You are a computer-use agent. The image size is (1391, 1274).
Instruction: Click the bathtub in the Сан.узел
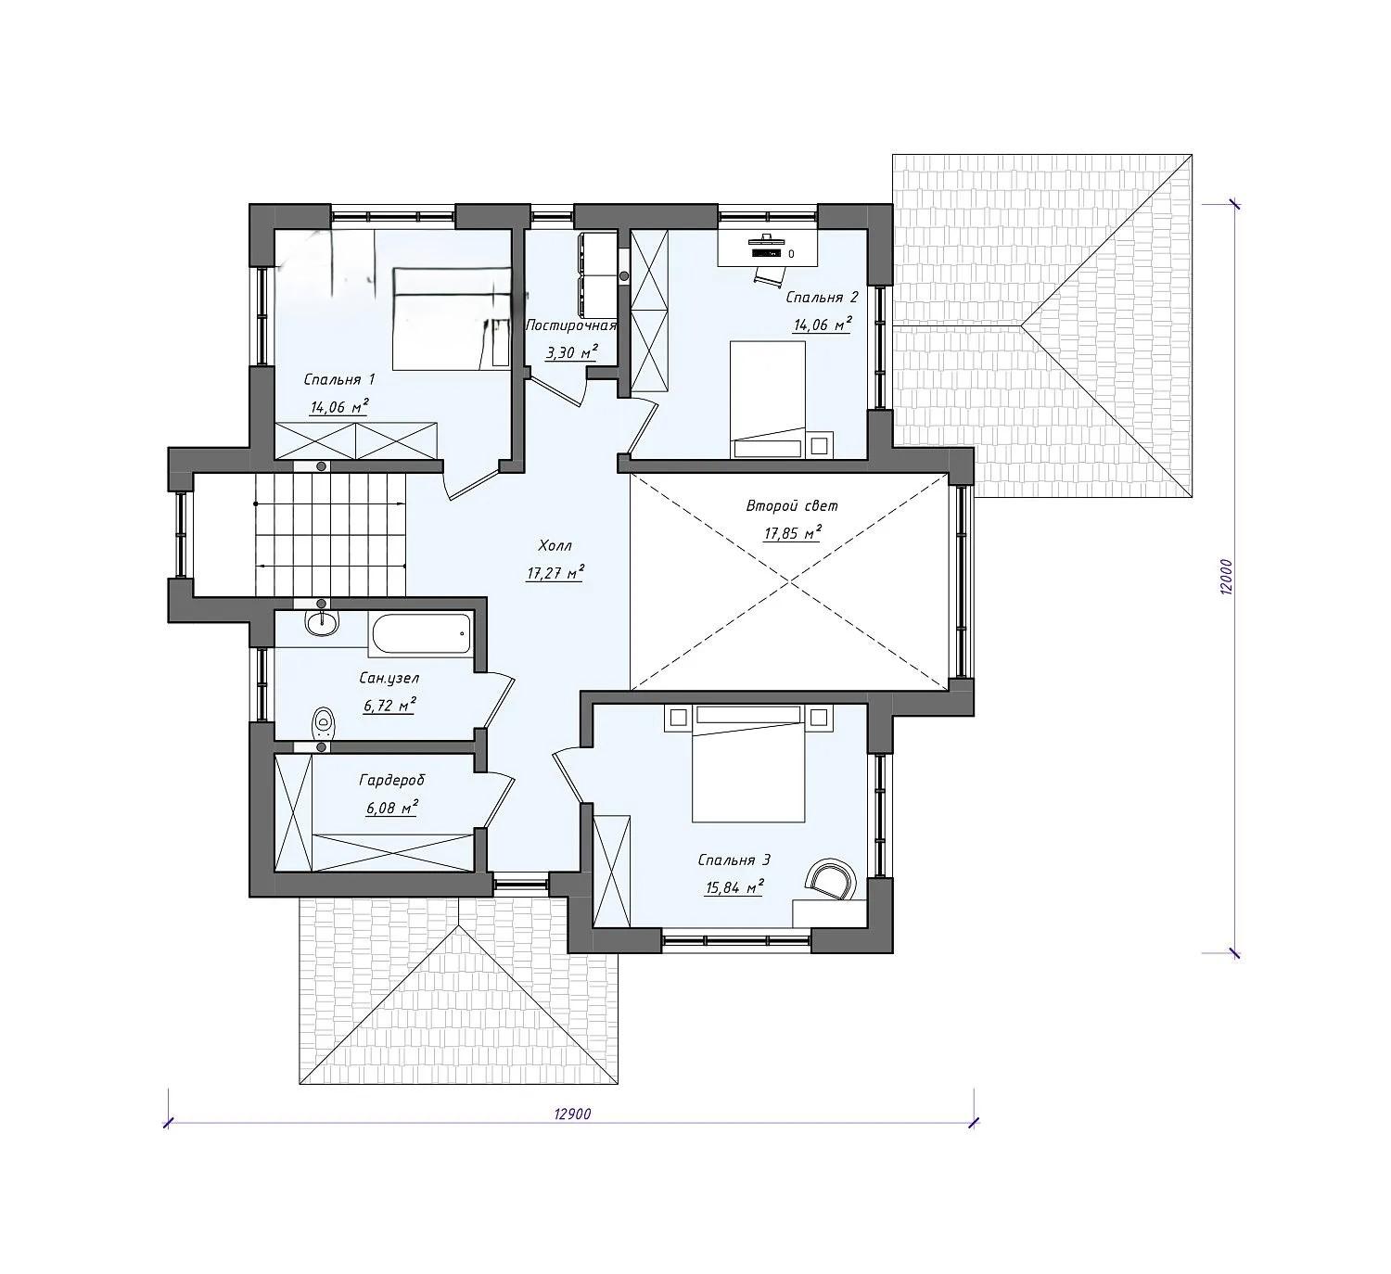pyautogui.click(x=421, y=634)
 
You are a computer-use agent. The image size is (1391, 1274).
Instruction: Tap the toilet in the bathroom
pyautogui.click(x=323, y=722)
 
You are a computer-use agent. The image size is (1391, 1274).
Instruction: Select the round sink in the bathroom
pyautogui.click(x=322, y=622)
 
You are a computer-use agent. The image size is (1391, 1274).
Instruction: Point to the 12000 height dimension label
pyautogui.click(x=1228, y=577)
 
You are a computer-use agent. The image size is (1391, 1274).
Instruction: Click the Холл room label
pyautogui.click(x=555, y=546)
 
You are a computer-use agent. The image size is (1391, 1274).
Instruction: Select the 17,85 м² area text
pyautogui.click(x=792, y=533)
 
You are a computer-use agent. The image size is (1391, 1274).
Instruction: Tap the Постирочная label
pyautogui.click(x=571, y=325)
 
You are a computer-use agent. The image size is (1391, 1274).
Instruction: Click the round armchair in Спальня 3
pyautogui.click(x=831, y=879)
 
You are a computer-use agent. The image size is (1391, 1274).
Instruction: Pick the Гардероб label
pyautogui.click(x=391, y=780)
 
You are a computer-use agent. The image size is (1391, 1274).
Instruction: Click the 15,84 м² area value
pyautogui.click(x=734, y=887)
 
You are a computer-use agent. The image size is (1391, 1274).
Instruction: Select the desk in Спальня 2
pyautogui.click(x=768, y=247)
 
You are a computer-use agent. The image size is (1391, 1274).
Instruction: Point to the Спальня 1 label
pyautogui.click(x=339, y=379)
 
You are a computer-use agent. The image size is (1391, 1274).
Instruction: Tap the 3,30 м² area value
pyautogui.click(x=571, y=353)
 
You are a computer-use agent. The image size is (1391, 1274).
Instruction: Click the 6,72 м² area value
pyautogui.click(x=389, y=706)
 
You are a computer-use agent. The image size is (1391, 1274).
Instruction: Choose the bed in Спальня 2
pyautogui.click(x=768, y=399)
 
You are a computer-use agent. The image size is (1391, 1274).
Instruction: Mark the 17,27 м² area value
pyautogui.click(x=555, y=574)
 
